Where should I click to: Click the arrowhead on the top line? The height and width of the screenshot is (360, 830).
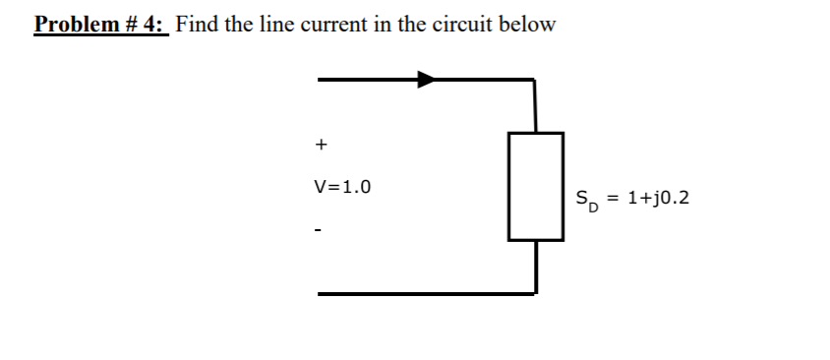click(x=426, y=79)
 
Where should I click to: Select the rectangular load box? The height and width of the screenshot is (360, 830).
click(x=536, y=186)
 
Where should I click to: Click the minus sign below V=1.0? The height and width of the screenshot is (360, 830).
click(x=319, y=231)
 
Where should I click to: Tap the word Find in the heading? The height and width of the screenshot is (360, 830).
click(x=199, y=24)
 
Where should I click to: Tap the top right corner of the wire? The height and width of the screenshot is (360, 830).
click(x=534, y=80)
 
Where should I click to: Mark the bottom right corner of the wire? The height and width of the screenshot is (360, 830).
click(x=535, y=292)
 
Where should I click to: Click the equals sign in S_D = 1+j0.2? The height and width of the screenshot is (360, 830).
click(x=612, y=199)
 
